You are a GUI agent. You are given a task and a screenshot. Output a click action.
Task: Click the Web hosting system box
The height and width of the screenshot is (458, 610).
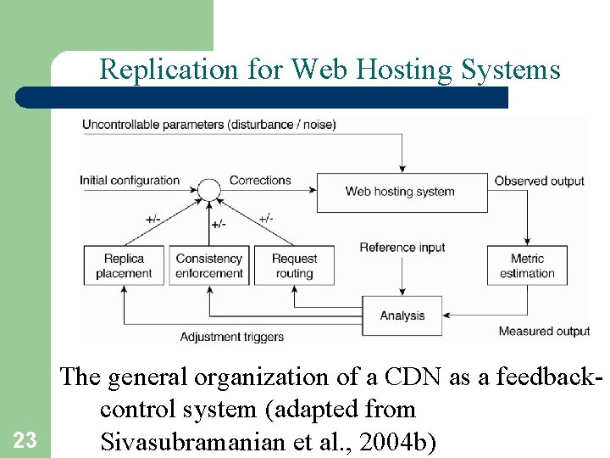402,192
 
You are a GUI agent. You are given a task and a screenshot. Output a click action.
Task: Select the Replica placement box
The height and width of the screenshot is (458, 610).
124,265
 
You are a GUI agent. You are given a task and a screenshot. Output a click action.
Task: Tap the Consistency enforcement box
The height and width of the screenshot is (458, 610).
209,265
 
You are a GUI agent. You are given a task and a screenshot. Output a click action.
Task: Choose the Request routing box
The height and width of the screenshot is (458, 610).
294,265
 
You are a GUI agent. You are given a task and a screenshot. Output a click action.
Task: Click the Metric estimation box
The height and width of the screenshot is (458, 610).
526,265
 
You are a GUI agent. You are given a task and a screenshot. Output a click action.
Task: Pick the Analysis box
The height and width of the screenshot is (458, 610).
402,316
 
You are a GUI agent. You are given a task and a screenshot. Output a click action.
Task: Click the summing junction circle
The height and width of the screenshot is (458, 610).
209,189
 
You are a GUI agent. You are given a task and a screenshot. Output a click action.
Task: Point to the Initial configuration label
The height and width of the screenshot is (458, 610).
130,180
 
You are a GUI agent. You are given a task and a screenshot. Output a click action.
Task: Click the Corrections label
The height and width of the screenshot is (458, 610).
260,180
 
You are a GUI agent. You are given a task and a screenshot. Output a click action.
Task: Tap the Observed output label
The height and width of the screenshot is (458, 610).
539,181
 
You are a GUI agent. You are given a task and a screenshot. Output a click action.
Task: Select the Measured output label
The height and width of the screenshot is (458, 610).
544,331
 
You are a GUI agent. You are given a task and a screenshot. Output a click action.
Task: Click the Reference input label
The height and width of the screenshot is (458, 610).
402,248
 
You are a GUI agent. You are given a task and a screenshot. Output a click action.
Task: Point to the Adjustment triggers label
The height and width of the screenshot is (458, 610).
231,337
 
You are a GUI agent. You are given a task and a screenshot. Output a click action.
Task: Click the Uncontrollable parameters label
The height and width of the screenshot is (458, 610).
208,125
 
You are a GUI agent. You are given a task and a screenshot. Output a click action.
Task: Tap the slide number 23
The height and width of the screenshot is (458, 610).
25,439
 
